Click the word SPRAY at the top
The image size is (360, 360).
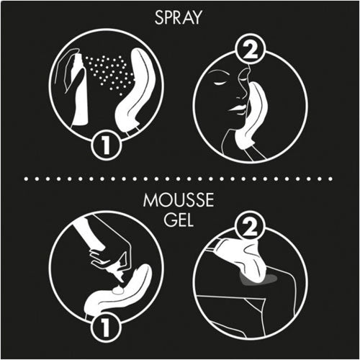click(178, 17)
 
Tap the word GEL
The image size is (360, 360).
click(179, 220)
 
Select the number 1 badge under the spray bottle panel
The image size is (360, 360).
click(106, 145)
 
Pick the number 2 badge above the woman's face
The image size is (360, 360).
click(250, 51)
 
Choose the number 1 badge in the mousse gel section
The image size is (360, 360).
click(105, 326)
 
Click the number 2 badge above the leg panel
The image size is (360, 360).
click(250, 226)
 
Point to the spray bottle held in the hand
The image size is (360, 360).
click(80, 89)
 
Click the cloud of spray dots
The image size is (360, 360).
click(109, 72)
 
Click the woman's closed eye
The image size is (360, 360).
click(220, 82)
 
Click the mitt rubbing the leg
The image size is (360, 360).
click(243, 261)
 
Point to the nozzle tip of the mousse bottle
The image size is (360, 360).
click(121, 280)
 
